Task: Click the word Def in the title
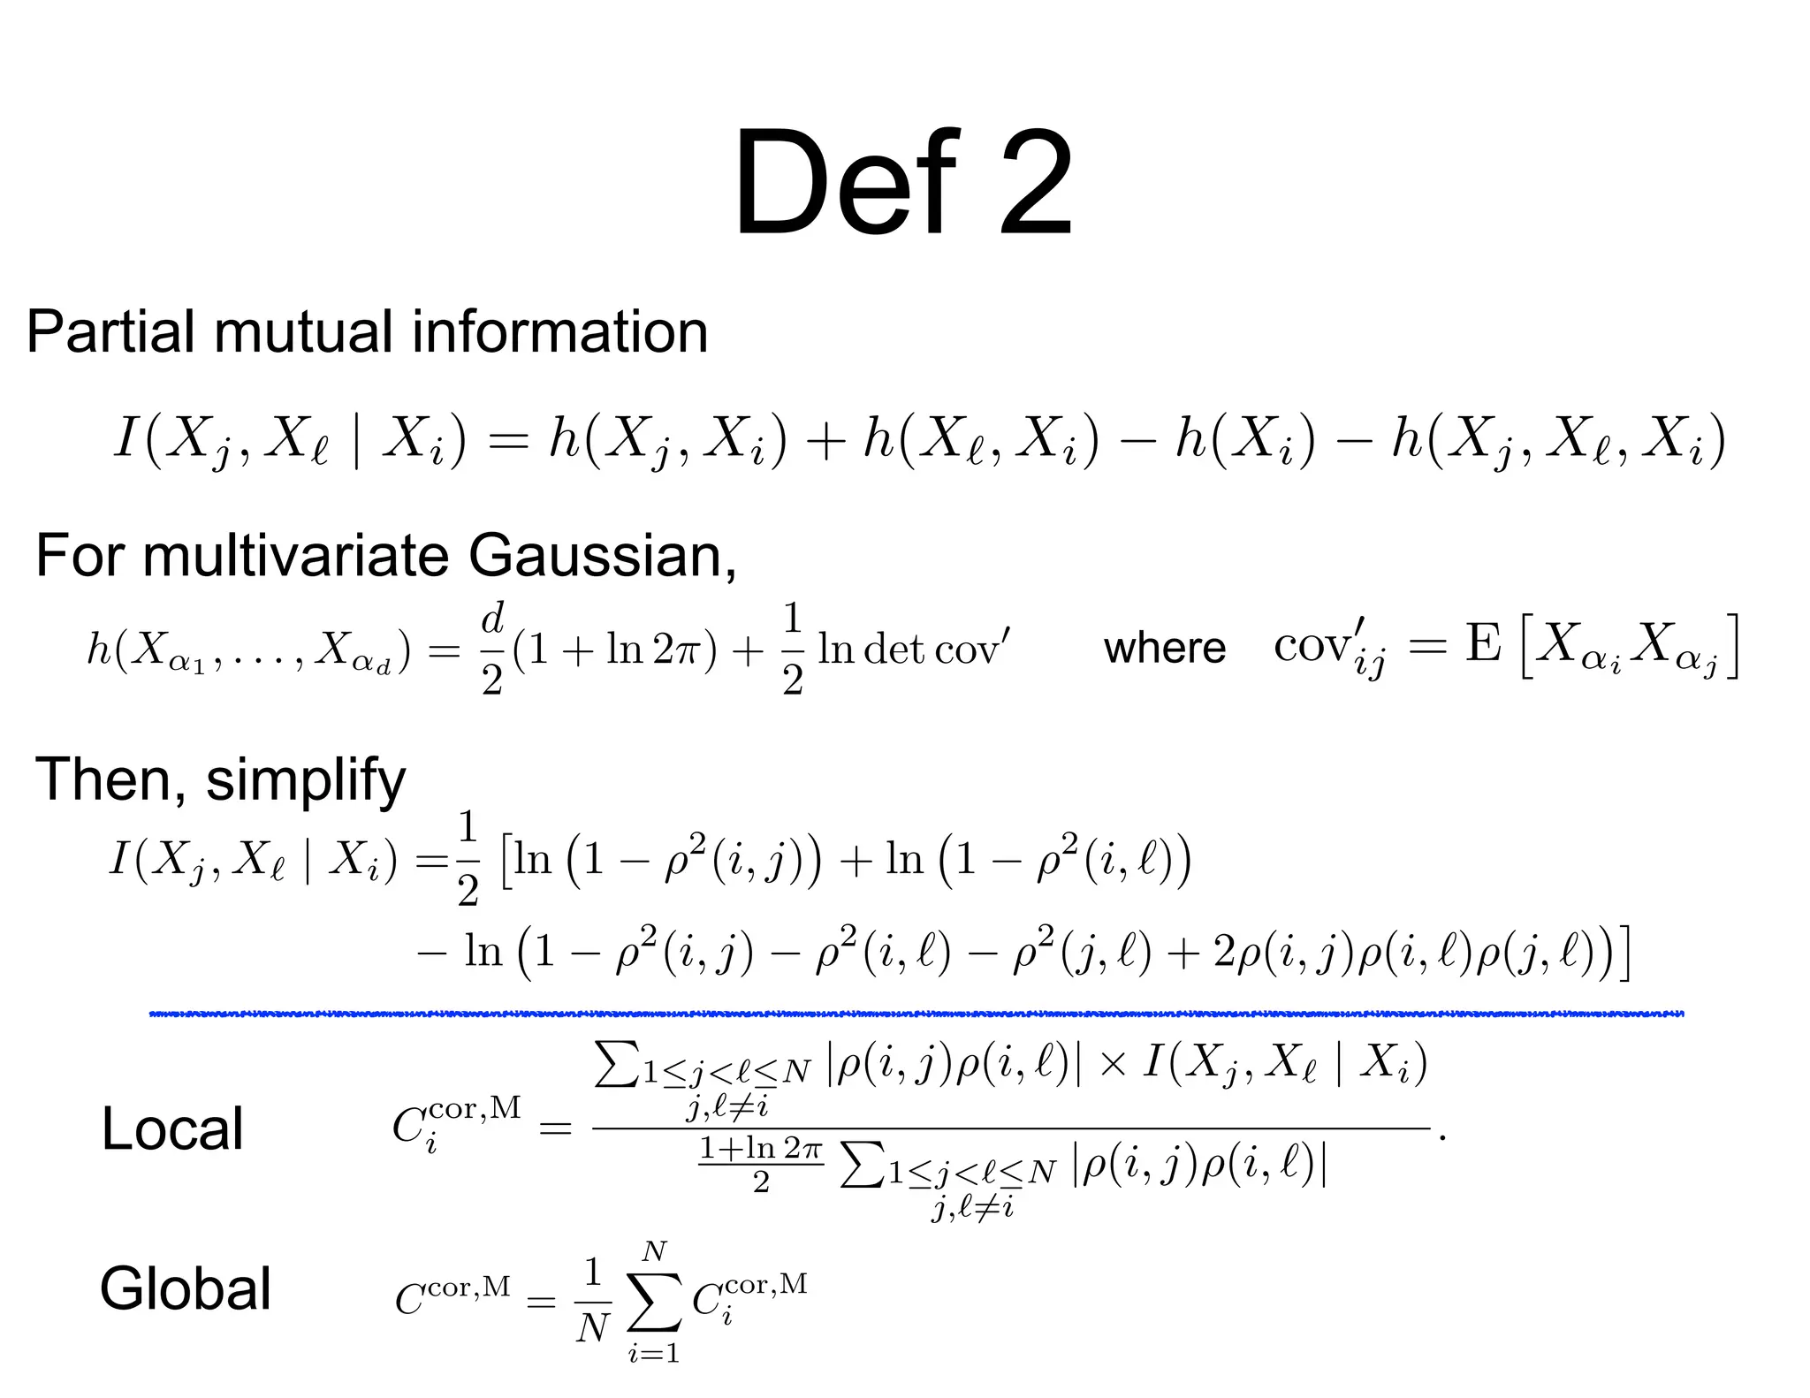844,184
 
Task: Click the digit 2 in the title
1036,184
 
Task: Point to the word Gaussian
601,557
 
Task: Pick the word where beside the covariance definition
1164,649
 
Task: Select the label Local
172,1129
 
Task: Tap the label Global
186,1289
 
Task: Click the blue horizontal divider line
916,1014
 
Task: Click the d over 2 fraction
492,650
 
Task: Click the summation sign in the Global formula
654,1303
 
